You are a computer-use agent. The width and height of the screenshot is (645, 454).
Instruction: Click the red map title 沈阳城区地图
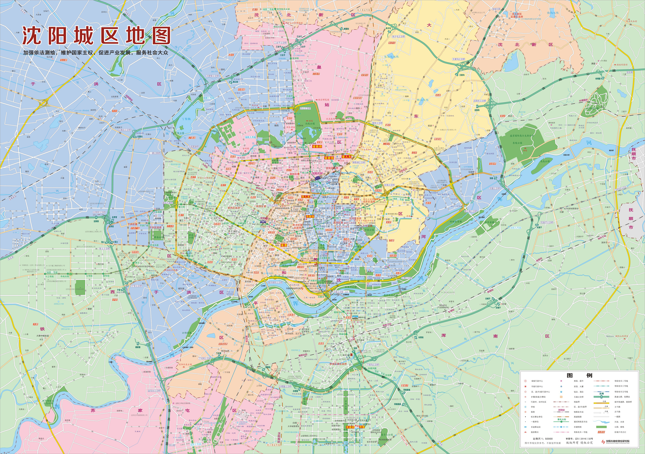(x=96, y=36)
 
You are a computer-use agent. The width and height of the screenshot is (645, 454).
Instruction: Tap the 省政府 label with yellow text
(x=318, y=146)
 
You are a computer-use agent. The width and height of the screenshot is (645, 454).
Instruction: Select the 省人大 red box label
(x=347, y=157)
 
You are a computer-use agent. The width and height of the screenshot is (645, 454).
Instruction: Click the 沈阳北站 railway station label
(x=317, y=174)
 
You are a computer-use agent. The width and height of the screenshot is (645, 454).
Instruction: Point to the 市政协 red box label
(x=310, y=216)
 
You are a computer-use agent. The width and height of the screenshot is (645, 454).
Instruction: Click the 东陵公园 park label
(x=517, y=143)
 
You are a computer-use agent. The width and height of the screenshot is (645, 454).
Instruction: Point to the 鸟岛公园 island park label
(x=545, y=161)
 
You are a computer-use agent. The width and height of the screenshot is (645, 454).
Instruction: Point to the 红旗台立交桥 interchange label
(x=125, y=130)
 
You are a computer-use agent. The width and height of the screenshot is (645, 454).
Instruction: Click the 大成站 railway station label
(x=205, y=165)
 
